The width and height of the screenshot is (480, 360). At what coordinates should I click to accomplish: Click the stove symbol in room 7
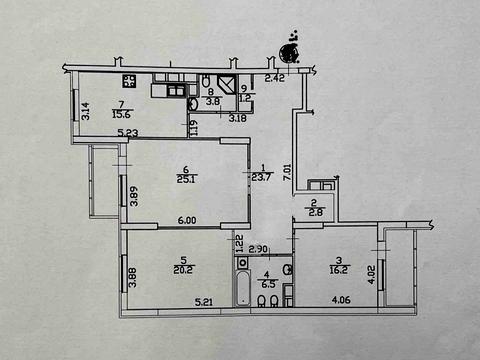[x=129, y=82]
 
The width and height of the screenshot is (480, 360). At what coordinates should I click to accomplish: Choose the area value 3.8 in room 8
[x=211, y=101]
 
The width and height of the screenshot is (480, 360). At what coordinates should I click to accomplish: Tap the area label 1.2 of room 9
[x=246, y=99]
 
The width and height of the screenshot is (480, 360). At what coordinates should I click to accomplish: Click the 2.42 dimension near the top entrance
[x=275, y=77]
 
